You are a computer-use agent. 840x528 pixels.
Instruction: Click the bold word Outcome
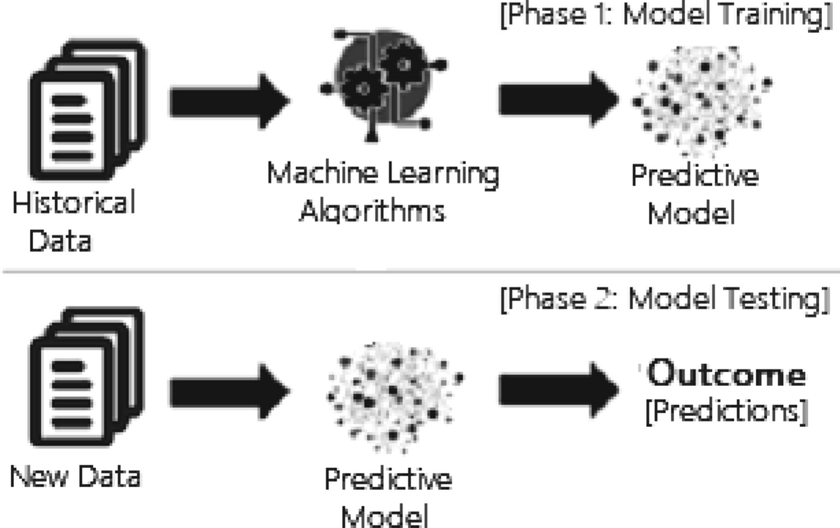[x=727, y=375]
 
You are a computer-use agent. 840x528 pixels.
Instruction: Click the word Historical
[x=73, y=203]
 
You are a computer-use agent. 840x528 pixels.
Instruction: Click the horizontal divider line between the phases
[x=420, y=270]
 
